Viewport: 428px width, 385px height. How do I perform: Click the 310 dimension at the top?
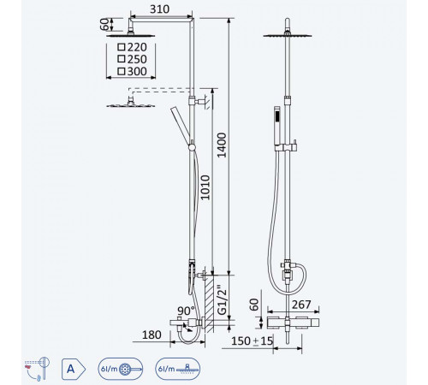159,9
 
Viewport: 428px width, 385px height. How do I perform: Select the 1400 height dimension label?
222,145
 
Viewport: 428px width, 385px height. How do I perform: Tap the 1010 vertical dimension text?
205,187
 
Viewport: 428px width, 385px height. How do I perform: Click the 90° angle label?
186,311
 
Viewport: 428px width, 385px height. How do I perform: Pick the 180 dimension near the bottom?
152,335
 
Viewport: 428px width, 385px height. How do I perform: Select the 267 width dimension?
301,305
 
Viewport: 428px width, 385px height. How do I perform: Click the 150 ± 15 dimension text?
252,341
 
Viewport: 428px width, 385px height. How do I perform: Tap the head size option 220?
137,47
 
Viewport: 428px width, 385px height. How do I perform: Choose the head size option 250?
137,59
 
